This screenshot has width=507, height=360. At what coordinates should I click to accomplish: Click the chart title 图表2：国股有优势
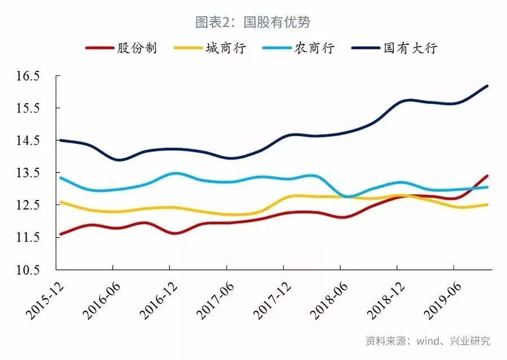pyautogui.click(x=253, y=22)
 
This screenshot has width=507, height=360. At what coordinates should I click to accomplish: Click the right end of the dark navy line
pyautogui.click(x=487, y=86)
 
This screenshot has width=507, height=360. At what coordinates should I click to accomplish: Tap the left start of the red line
pyautogui.click(x=60, y=234)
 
